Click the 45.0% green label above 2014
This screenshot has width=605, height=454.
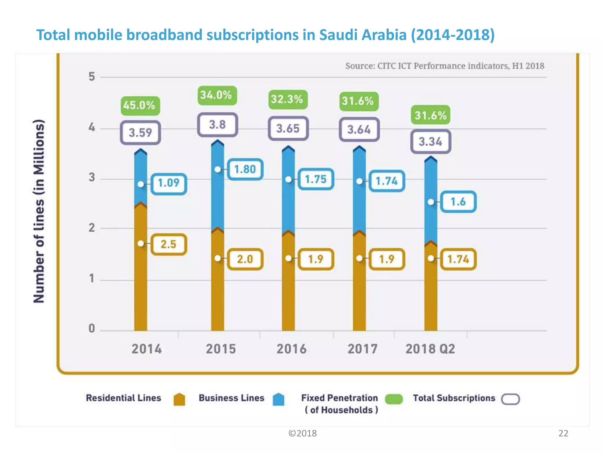click(x=140, y=106)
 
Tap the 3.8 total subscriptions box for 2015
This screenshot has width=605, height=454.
click(x=217, y=125)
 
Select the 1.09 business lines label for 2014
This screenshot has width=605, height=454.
click(x=169, y=183)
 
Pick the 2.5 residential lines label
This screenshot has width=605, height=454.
click(x=169, y=244)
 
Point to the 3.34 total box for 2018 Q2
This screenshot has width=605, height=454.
click(x=430, y=142)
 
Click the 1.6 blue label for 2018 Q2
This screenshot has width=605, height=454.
click(x=458, y=202)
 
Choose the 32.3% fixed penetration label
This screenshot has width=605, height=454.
click(x=287, y=99)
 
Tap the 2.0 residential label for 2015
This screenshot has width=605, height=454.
click(x=245, y=259)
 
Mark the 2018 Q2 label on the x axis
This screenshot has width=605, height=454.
click(x=430, y=349)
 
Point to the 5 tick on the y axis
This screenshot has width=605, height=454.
click(x=92, y=77)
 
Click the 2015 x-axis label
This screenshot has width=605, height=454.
click(x=221, y=349)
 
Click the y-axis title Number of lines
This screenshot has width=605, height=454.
click(x=39, y=211)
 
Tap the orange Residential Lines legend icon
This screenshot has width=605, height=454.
click(x=179, y=399)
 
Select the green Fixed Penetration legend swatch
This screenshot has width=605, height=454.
click(x=394, y=399)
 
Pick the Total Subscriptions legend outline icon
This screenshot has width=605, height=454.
click(x=510, y=399)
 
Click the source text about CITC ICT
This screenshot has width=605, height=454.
click(x=445, y=66)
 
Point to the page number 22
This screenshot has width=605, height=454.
click(x=563, y=433)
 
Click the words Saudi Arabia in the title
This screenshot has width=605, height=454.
click(x=363, y=35)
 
